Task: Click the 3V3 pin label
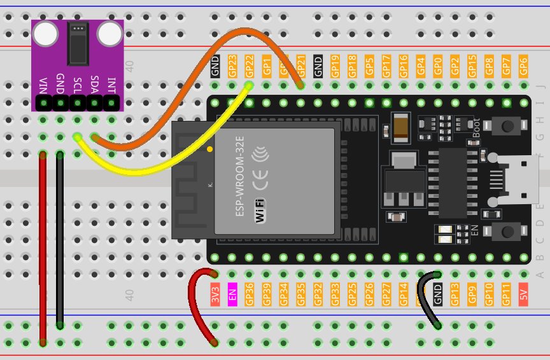pyautogui.click(x=215, y=294)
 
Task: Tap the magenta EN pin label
pyautogui.click(x=232, y=294)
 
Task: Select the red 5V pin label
pyautogui.click(x=524, y=294)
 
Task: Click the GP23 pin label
pyautogui.click(x=232, y=66)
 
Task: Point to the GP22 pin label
pyautogui.click(x=250, y=66)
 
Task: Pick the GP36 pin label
pyautogui.click(x=250, y=294)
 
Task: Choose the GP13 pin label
pyautogui.click(x=455, y=294)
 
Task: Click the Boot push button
pyautogui.click(x=507, y=127)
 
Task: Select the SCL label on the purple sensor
pyautogui.click(x=77, y=85)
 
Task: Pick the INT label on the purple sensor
pyautogui.click(x=111, y=85)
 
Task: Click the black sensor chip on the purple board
pyautogui.click(x=78, y=43)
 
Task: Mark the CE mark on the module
pyautogui.click(x=260, y=184)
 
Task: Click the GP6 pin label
pyautogui.click(x=523, y=64)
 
